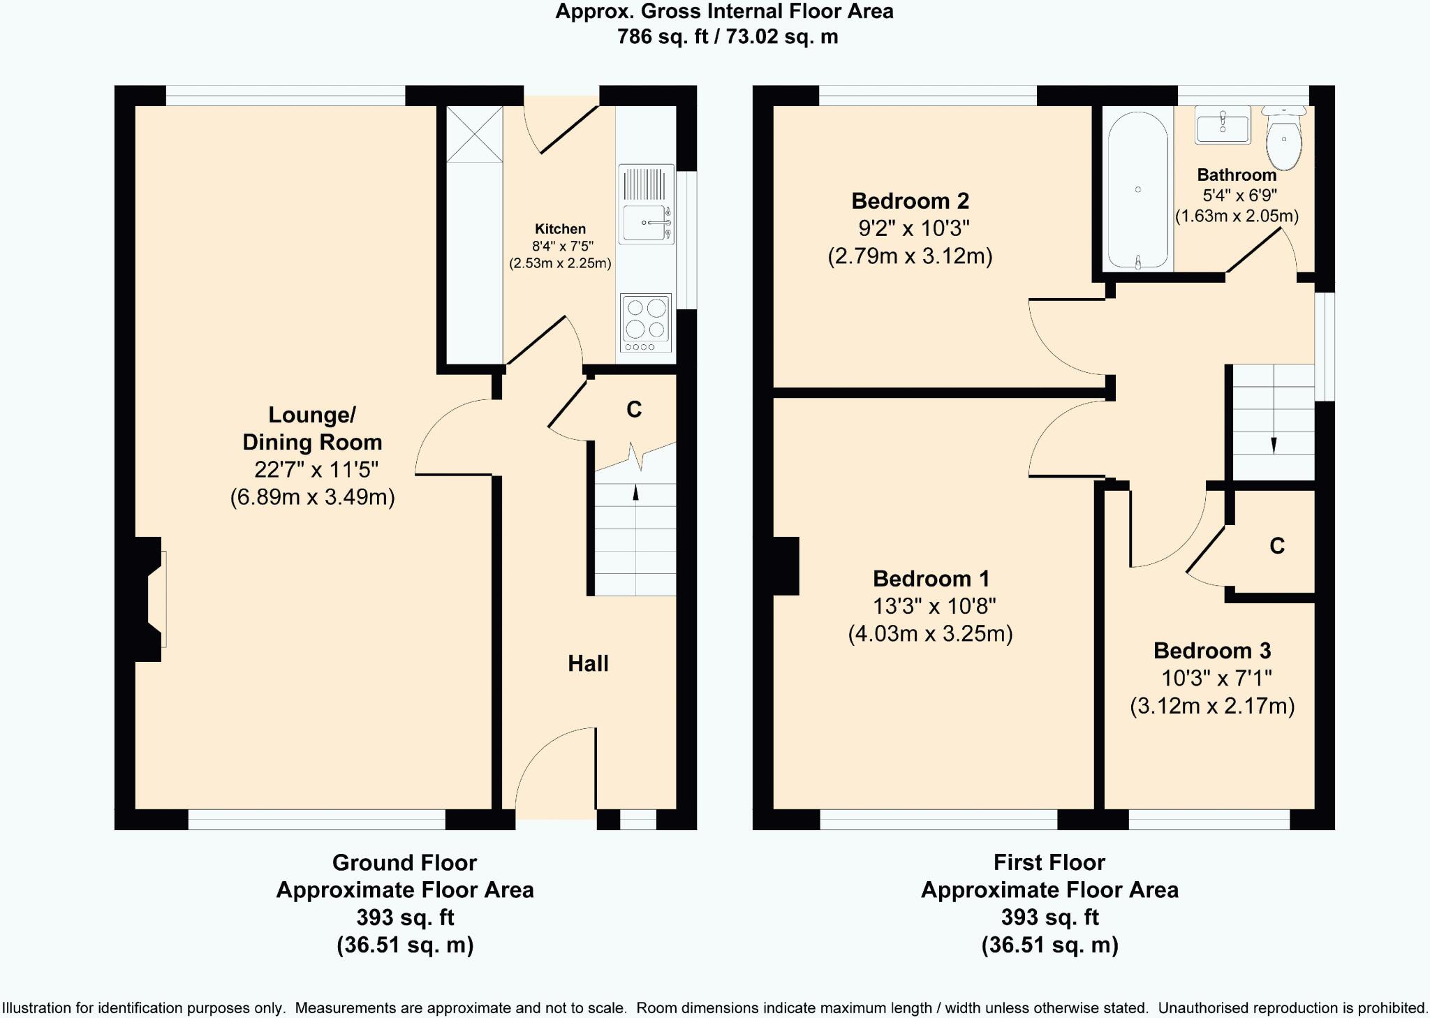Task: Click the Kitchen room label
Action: [x=560, y=229]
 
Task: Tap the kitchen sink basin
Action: [x=644, y=223]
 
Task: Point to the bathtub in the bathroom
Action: [x=1138, y=190]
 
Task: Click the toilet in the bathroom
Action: [x=1284, y=138]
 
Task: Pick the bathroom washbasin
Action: [x=1223, y=125]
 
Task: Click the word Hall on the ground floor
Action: [x=588, y=663]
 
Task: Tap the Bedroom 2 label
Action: [x=910, y=201]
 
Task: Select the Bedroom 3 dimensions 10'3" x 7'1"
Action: [x=1216, y=678]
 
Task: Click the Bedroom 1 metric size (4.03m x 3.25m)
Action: [x=930, y=633]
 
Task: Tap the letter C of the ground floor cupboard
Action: [x=634, y=409]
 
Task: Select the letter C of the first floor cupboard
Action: [x=1277, y=545]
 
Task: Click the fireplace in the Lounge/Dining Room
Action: [x=149, y=599]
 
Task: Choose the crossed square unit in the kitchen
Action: [x=474, y=134]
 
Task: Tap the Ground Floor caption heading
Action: [x=404, y=863]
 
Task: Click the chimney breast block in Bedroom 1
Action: [x=786, y=566]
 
